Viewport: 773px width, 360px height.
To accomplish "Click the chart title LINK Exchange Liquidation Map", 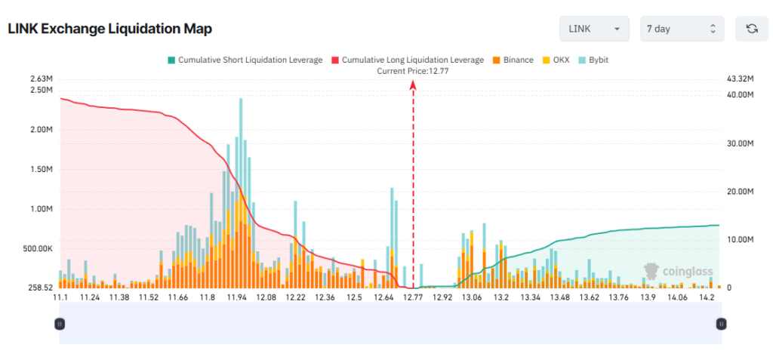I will [x=109, y=29].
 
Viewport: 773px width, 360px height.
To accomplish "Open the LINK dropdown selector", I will [x=594, y=29].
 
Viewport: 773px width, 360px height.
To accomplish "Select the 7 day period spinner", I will [x=682, y=29].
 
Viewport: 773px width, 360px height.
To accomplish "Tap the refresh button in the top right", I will [x=751, y=29].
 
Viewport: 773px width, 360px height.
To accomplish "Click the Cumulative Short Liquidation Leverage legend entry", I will [x=245, y=60].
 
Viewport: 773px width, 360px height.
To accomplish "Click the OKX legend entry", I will [x=556, y=60].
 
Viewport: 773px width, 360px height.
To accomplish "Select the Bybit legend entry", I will [x=594, y=60].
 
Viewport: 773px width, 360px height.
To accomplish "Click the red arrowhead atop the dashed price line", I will [x=413, y=86].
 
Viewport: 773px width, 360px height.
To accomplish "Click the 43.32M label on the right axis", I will [x=739, y=78].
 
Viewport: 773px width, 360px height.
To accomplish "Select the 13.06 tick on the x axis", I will [x=472, y=298].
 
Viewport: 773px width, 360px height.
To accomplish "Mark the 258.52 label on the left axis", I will [x=38, y=288].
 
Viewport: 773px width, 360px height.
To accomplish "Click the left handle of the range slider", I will [x=60, y=324].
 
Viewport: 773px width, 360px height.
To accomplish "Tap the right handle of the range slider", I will [x=721, y=324].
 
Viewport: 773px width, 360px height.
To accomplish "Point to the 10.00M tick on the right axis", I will [x=740, y=240].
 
